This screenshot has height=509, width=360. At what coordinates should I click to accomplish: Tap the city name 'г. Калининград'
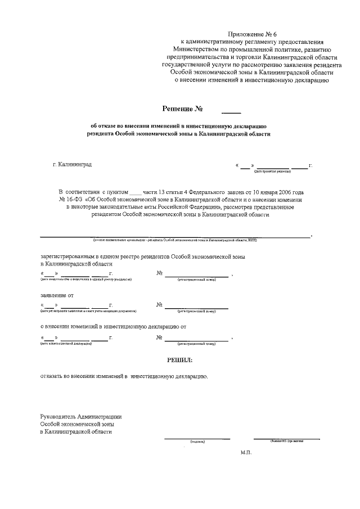(x=72, y=165)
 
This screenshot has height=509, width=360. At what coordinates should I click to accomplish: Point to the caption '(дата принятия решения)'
(x=272, y=171)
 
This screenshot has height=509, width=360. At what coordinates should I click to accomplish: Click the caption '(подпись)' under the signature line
(x=197, y=442)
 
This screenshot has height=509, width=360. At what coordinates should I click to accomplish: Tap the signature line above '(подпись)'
(x=197, y=438)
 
